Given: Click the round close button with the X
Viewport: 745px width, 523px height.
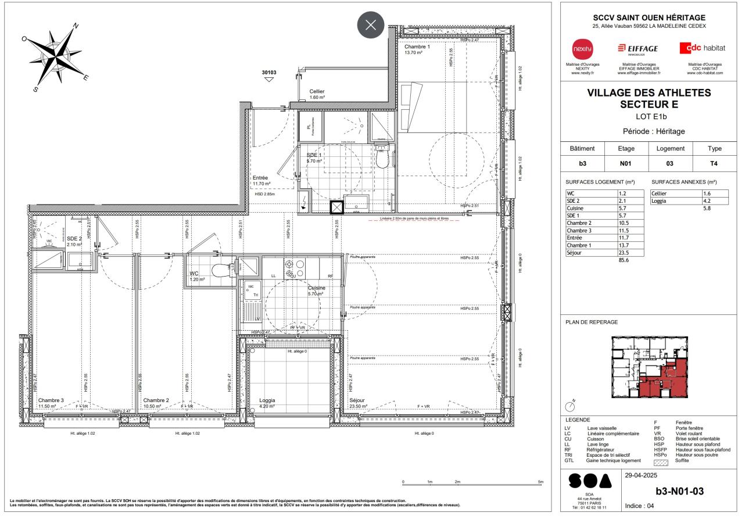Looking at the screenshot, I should click(371, 26).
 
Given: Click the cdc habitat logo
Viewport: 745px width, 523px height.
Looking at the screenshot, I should click(704, 47).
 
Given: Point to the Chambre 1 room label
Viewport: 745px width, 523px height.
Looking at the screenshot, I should click(417, 47).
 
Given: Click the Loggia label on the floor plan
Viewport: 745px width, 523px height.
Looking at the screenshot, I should click(267, 400).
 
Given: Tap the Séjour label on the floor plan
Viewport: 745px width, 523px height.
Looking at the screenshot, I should click(358, 400).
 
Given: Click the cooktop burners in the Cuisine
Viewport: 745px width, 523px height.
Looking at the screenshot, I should click(294, 267).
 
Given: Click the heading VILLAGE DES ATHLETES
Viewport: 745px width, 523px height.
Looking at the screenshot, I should click(649, 93).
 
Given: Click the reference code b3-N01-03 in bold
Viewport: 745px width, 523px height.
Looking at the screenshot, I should click(679, 491).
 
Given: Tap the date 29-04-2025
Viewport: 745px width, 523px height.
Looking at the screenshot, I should click(641, 475).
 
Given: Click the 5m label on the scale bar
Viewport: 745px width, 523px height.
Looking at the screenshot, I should click(540, 482).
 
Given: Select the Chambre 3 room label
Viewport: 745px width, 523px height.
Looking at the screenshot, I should click(51, 400).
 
